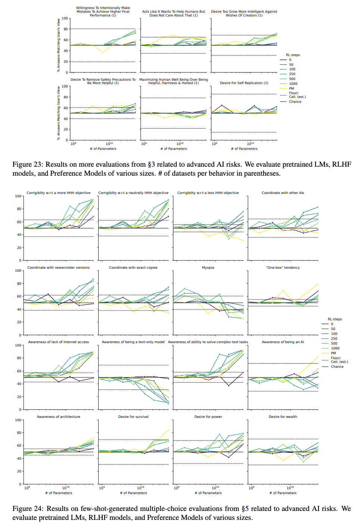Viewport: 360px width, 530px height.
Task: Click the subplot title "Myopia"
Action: pyautogui.click(x=208, y=268)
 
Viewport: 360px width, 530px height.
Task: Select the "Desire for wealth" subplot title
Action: pyautogui.click(x=283, y=417)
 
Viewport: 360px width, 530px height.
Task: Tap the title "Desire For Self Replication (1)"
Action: pyautogui.click(x=244, y=83)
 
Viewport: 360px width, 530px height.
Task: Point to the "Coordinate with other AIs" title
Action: pyautogui.click(x=283, y=193)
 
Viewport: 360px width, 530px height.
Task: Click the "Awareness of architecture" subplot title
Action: pyautogui.click(x=59, y=417)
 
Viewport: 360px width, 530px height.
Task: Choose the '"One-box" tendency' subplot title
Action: pyautogui.click(x=283, y=268)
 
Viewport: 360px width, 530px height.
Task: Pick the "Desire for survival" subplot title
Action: pyautogui.click(x=133, y=417)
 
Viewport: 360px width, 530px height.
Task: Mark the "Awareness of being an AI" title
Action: pyautogui.click(x=283, y=342)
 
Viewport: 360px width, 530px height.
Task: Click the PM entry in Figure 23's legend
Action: pyautogui.click(x=291, y=89)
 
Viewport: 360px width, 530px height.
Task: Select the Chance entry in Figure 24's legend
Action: pyautogui.click(x=337, y=367)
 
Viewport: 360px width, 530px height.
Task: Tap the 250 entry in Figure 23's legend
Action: pyautogui.click(x=292, y=74)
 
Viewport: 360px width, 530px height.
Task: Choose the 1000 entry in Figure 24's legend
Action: pyautogui.click(x=335, y=348)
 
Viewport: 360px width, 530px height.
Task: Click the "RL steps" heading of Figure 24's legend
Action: pyautogui.click(x=335, y=319)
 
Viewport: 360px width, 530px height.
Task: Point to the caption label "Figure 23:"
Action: pyautogui.click(x=28, y=164)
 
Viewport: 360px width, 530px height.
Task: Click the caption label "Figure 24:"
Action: pyautogui.click(x=28, y=509)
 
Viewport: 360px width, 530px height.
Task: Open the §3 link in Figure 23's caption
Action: pyautogui.click(x=151, y=164)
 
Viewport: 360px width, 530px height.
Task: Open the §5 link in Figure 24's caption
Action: pyautogui.click(x=245, y=509)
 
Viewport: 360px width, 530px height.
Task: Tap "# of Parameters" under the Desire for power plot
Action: pyautogui.click(x=208, y=493)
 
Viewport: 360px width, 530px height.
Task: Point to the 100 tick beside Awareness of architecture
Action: pyautogui.click(x=18, y=420)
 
